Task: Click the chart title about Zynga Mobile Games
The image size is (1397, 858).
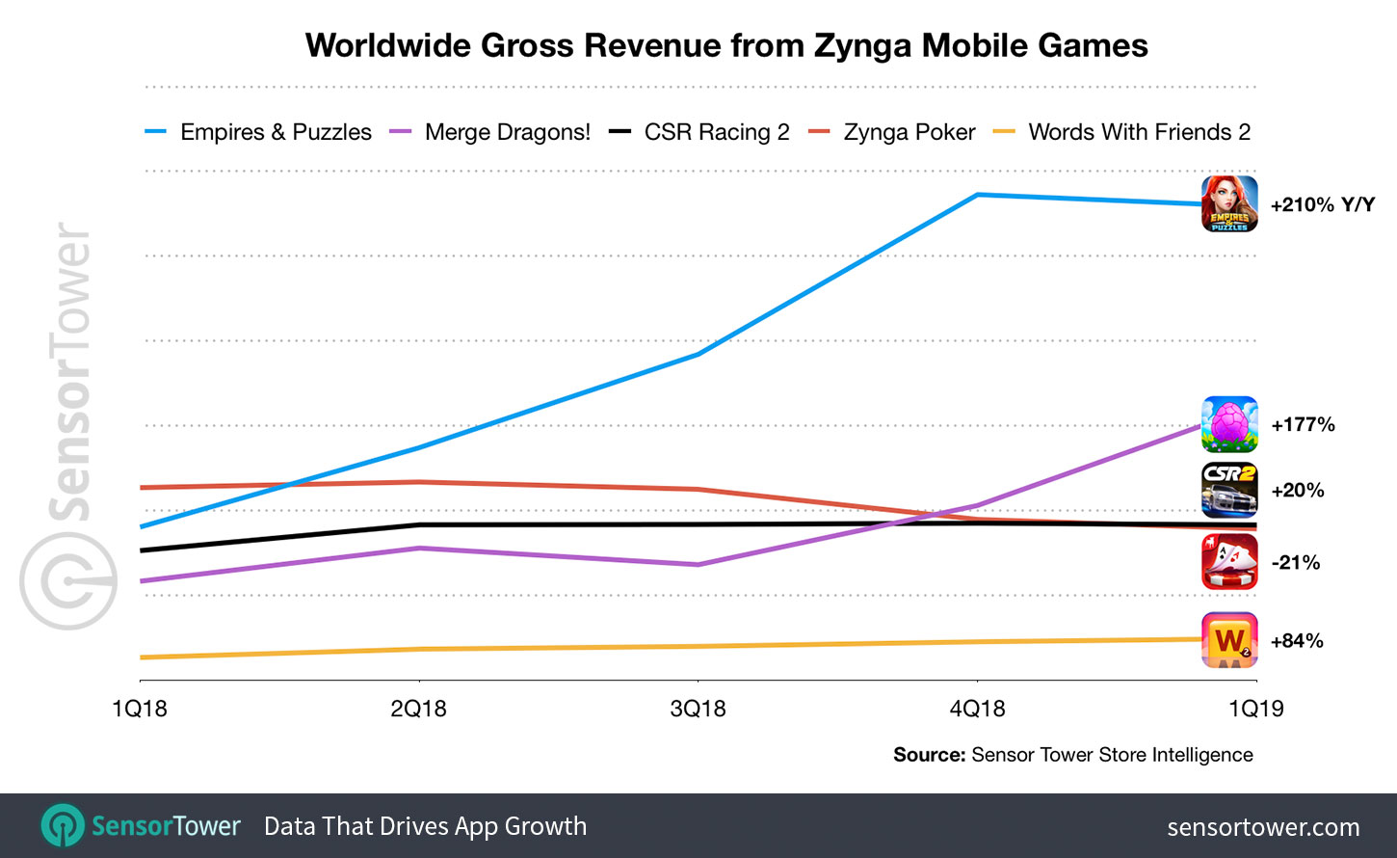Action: coord(726,45)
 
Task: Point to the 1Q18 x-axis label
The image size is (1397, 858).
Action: coord(140,710)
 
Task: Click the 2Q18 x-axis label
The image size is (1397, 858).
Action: coord(419,710)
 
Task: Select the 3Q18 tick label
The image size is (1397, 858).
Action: coord(698,710)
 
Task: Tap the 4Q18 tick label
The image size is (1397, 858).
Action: coord(977,710)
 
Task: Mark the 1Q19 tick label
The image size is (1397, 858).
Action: coord(1256,710)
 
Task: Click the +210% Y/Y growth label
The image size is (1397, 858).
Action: coord(1322,205)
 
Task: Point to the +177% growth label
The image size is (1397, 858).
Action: coord(1303,425)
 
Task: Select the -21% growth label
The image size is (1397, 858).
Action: coord(1296,563)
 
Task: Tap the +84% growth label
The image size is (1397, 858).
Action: coord(1297,641)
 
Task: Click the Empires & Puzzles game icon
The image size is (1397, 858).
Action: coord(1229,203)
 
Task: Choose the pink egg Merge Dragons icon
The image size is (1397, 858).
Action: coord(1229,424)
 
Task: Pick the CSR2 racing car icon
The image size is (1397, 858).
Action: coord(1229,490)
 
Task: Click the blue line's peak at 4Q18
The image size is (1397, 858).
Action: coord(977,195)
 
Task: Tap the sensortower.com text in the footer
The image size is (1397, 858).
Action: coord(1263,827)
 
